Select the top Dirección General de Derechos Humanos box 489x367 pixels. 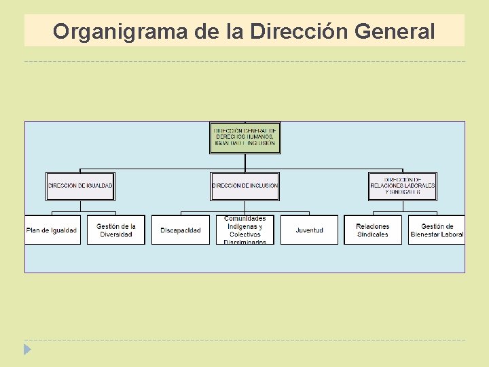(x=244, y=138)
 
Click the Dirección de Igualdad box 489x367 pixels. (x=80, y=186)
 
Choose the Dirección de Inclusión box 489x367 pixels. (x=244, y=186)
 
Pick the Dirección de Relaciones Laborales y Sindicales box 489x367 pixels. (x=403, y=186)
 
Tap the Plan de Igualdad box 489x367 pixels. (x=52, y=230)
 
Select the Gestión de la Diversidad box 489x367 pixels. (x=116, y=230)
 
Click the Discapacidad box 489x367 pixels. (x=181, y=230)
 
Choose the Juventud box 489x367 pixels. (x=309, y=230)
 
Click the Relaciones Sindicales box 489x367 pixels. (x=373, y=230)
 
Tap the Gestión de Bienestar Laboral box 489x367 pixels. (x=437, y=230)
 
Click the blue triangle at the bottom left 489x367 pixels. (x=27, y=350)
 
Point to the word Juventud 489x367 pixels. (x=309, y=230)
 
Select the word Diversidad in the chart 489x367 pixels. (x=116, y=234)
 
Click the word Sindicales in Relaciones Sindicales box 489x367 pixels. (x=373, y=234)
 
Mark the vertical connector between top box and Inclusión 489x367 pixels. (x=244, y=163)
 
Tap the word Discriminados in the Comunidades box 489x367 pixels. (x=244, y=241)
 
